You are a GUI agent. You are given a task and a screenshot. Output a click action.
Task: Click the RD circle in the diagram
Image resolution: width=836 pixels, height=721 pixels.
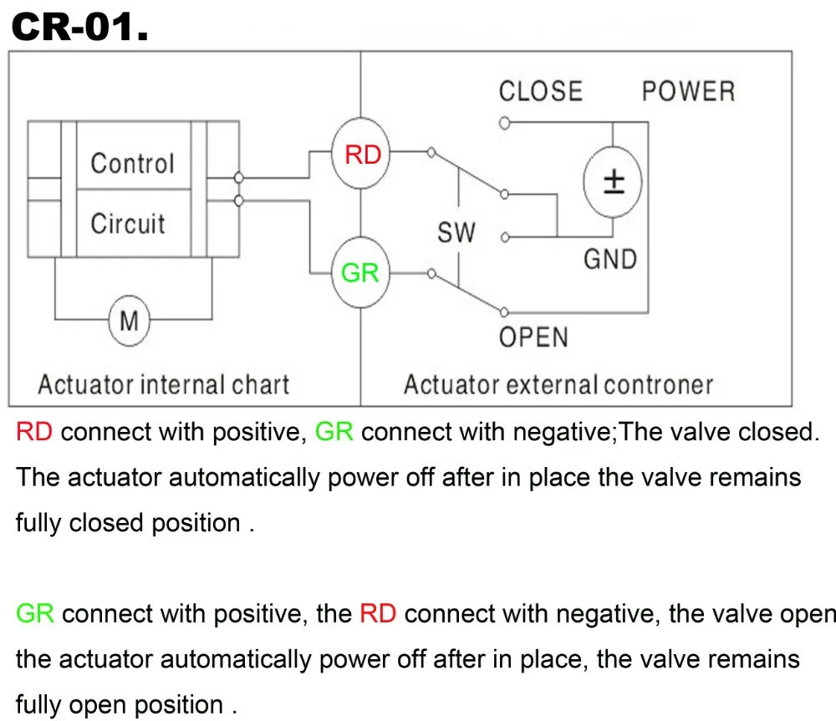[362, 155]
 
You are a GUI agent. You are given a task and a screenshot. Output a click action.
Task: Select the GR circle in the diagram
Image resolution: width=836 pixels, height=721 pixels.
[360, 272]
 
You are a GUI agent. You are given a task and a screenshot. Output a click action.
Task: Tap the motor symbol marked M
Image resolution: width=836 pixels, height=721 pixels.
[130, 320]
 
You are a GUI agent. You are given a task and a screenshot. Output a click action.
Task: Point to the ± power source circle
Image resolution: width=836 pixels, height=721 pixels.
[614, 181]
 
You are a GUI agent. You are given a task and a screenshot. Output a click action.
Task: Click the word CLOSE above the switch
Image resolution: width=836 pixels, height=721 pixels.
[540, 91]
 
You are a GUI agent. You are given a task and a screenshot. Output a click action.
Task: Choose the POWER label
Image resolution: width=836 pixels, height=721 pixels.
[688, 91]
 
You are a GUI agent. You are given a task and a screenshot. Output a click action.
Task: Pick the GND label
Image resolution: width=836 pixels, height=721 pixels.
[610, 259]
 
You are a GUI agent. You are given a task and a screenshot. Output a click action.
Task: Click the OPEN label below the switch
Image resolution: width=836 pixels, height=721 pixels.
[533, 338]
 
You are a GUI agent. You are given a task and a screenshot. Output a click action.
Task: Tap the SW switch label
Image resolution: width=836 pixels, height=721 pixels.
[456, 233]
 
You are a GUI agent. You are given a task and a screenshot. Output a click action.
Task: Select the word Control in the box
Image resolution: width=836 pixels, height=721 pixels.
[132, 163]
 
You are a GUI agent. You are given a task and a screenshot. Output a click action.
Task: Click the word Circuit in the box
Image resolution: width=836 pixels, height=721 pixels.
[128, 224]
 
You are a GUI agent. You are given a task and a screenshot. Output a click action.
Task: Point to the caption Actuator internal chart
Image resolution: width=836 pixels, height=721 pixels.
[163, 385]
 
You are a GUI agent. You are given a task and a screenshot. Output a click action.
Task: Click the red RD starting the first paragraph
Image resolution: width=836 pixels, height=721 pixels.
[34, 432]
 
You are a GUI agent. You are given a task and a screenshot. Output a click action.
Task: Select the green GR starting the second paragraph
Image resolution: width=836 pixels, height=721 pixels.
[35, 614]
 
